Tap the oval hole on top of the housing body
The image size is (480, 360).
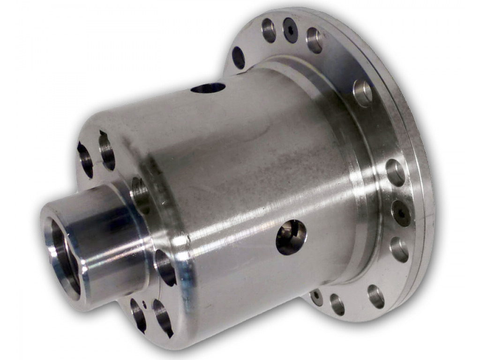(x=208, y=88)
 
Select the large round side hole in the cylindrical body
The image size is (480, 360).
(x=291, y=237)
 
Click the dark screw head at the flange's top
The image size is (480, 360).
(x=290, y=30)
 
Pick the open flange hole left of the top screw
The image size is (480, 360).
(x=269, y=30)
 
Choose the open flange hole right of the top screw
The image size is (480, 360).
(x=314, y=40)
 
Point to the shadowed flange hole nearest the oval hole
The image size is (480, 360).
(x=239, y=58)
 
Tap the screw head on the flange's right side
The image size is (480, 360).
(x=401, y=213)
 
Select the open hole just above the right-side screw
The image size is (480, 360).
(x=395, y=172)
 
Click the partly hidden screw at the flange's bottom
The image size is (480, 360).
(x=317, y=297)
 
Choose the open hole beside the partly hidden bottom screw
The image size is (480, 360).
(x=337, y=304)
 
